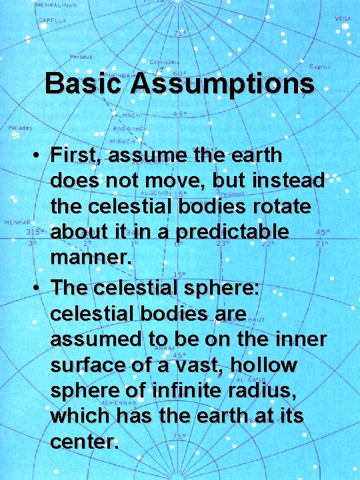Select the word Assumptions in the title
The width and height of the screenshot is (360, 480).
click(x=223, y=85)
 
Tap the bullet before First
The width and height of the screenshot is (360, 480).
click(x=37, y=156)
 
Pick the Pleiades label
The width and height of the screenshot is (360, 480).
click(x=19, y=127)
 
